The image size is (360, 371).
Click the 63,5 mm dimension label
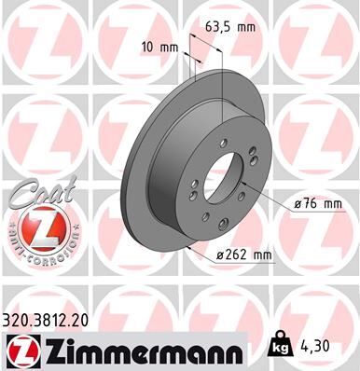(228, 27)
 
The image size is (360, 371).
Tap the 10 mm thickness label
(160, 46)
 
